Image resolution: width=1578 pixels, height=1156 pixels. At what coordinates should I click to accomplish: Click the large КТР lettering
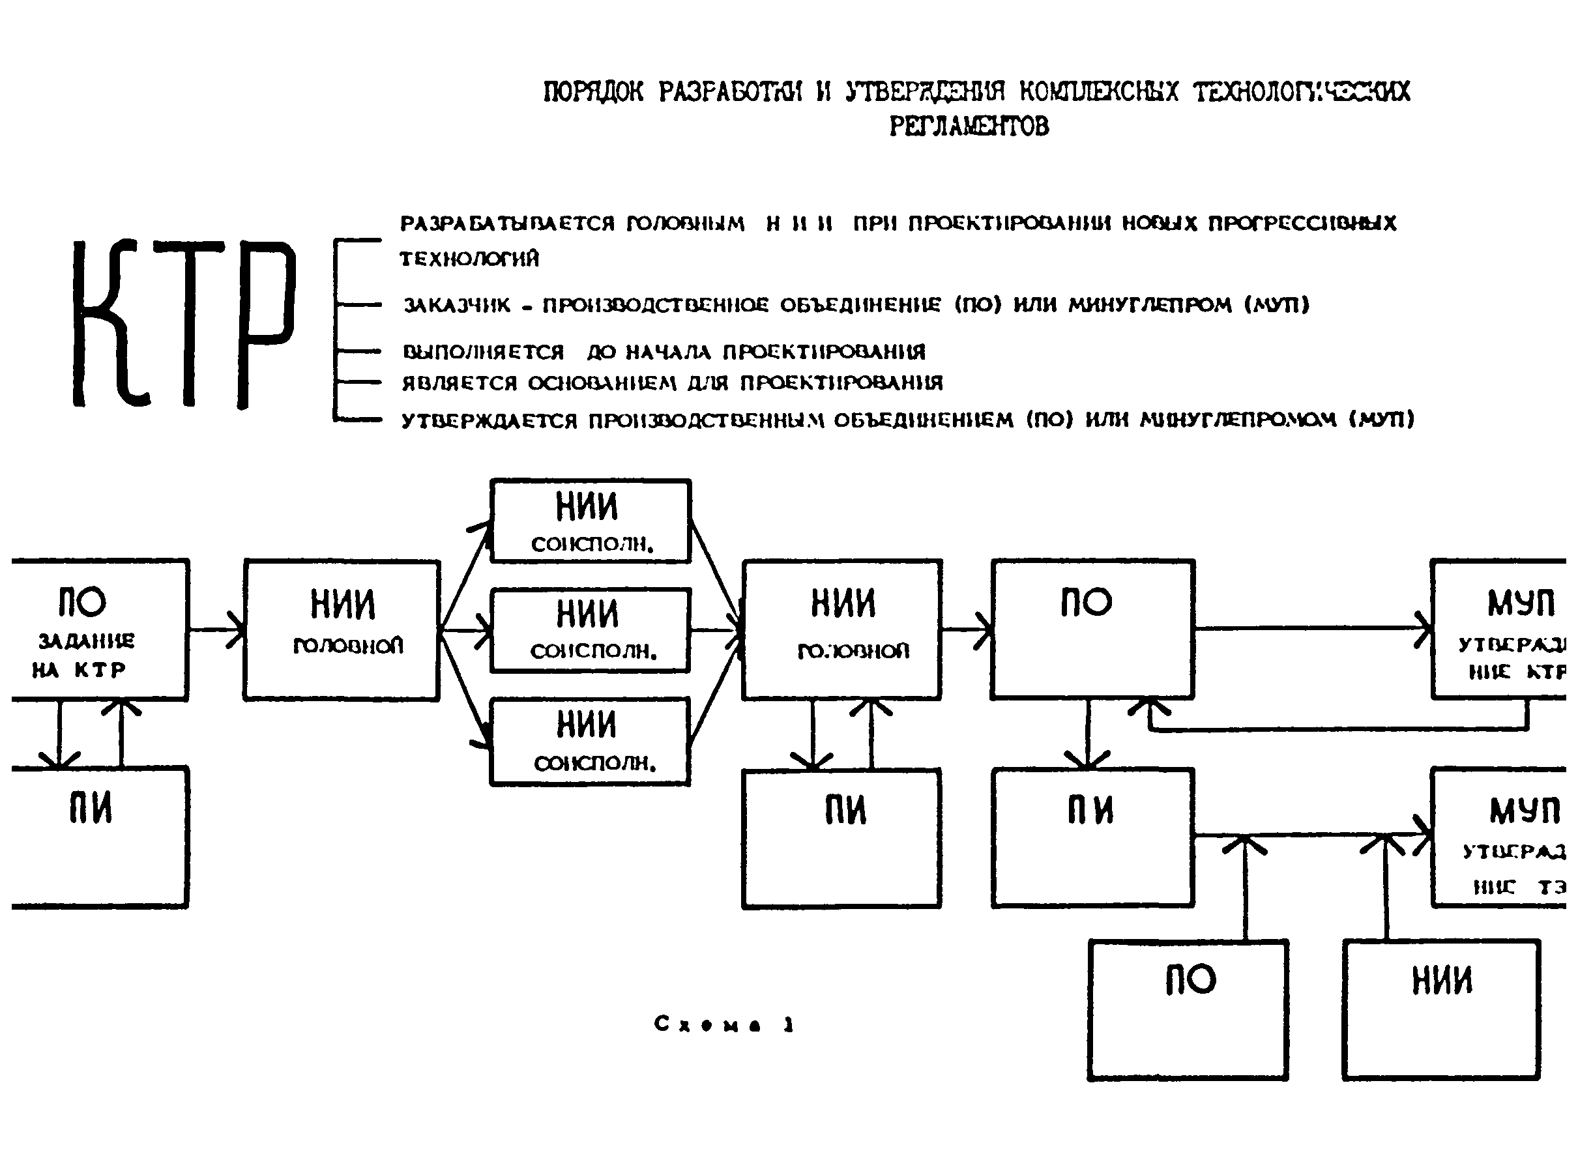183,323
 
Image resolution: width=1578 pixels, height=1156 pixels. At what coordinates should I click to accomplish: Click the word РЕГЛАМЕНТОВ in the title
969,126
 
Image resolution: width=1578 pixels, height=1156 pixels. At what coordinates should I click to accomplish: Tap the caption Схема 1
723,1024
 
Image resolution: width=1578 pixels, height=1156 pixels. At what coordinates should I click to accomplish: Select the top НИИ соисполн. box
591,521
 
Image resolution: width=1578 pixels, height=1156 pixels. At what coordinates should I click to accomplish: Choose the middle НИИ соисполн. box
591,629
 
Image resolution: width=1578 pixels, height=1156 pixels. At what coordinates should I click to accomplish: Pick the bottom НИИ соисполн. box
591,741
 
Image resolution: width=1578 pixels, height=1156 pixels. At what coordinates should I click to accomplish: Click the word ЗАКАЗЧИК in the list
457,305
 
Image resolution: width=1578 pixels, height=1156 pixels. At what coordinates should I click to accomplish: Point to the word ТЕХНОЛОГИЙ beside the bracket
469,259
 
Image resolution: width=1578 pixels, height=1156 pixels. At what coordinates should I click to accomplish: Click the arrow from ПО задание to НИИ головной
217,629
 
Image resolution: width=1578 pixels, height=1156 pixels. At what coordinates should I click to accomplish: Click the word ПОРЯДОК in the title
592,92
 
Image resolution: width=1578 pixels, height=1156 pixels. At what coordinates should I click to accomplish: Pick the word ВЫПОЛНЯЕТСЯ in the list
483,351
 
